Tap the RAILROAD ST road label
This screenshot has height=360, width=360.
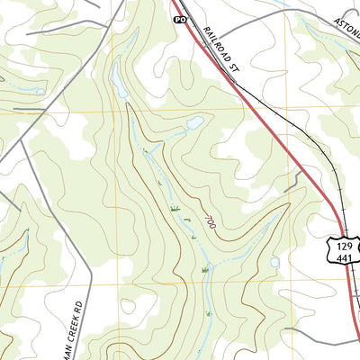pyautogui.click(x=223, y=49)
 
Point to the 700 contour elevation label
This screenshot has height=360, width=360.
pyautogui.click(x=209, y=221)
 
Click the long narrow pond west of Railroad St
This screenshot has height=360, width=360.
pyautogui.click(x=119, y=83)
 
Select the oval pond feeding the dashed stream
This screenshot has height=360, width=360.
pyautogui.click(x=193, y=122)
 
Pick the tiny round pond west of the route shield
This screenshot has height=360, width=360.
pyautogui.click(x=274, y=263)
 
